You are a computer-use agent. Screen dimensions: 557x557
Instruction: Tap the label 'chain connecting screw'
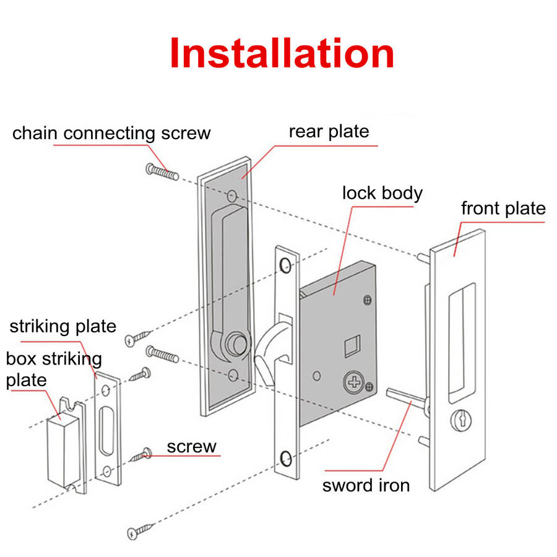coord(111,133)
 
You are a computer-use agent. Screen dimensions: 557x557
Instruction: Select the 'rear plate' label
coord(329,131)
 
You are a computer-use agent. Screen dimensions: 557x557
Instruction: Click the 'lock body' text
coord(382,192)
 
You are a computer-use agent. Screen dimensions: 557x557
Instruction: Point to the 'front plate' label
coord(503,208)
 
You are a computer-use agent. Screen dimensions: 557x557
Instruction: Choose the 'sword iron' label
coord(366,485)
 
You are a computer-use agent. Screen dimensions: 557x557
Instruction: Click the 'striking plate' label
coord(63,326)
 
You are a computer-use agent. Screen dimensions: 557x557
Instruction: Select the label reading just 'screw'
coord(192,446)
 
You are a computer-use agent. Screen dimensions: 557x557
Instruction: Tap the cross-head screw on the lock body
coord(354,382)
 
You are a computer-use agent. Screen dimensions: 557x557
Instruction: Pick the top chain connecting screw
coord(162,171)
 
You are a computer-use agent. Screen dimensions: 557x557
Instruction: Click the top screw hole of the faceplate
coord(285,266)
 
